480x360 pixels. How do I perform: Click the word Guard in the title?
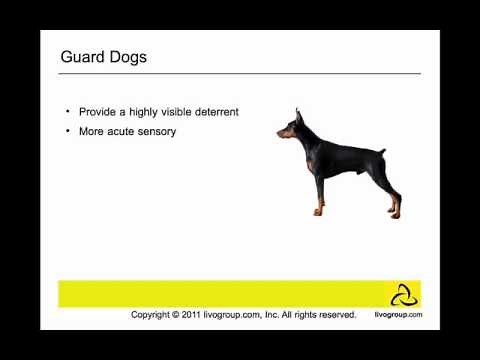click(x=84, y=57)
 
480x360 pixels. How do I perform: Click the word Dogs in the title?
click(x=129, y=57)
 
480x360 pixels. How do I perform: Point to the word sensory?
click(x=155, y=131)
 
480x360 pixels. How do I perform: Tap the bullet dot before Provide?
click(x=68, y=111)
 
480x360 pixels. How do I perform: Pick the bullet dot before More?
click(x=68, y=131)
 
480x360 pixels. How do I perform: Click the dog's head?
click(x=292, y=127)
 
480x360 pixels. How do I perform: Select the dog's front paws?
click(x=318, y=211)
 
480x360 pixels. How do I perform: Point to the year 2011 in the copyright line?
click(x=192, y=314)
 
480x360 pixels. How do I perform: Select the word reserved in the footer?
click(x=336, y=314)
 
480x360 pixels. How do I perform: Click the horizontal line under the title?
click(x=240, y=73)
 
